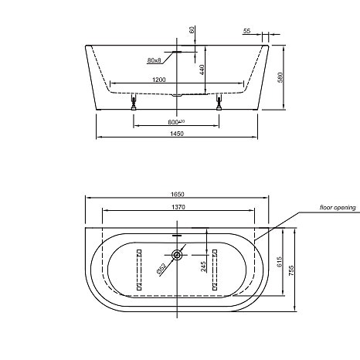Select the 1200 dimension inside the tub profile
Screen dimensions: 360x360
click(x=158, y=80)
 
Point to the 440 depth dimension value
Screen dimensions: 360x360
click(x=203, y=69)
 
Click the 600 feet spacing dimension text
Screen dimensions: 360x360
click(x=177, y=122)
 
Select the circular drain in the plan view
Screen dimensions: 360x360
click(x=178, y=254)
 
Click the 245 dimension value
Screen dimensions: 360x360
click(x=202, y=268)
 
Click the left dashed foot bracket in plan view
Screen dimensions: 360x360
click(x=139, y=270)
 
